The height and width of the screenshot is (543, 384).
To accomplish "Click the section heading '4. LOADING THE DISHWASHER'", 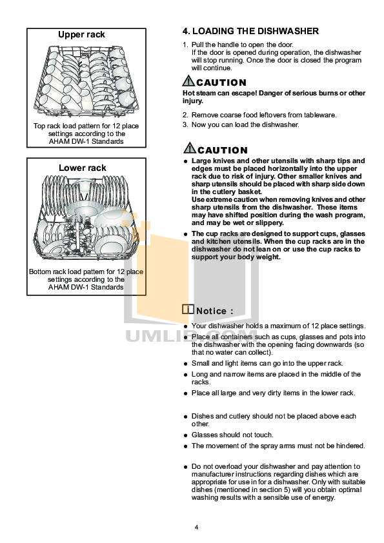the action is click(x=250, y=31).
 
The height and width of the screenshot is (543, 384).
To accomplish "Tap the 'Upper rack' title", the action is click(x=81, y=34).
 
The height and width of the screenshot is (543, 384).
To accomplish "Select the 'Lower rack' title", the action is click(x=83, y=168).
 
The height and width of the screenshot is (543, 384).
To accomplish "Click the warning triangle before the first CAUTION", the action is click(x=189, y=81).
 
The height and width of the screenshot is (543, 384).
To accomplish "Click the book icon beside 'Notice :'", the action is click(x=188, y=310).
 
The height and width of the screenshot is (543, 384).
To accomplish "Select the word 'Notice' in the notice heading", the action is click(x=210, y=311).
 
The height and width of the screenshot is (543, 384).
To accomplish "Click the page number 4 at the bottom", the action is click(x=196, y=528).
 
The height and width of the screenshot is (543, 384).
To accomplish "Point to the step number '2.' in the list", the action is click(x=185, y=115).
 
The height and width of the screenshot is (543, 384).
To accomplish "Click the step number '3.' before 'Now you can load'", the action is click(x=185, y=124).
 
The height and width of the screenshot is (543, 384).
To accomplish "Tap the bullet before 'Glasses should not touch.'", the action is click(x=185, y=435).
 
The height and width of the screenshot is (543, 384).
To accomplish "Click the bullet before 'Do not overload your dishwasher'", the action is click(x=185, y=466).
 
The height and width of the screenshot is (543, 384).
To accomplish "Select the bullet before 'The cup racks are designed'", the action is click(x=185, y=233).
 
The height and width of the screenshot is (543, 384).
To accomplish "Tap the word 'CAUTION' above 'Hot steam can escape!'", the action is click(x=221, y=83).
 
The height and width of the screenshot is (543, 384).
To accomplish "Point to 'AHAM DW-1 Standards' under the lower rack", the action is click(x=86, y=287).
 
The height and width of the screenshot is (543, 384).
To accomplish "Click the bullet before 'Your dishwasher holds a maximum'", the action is click(x=185, y=326).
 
